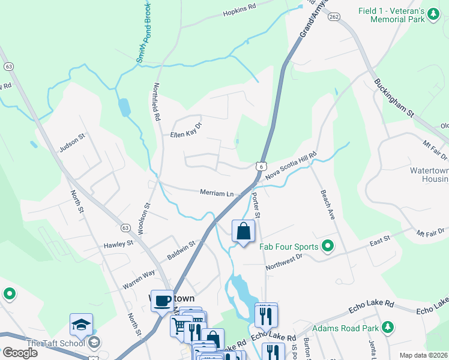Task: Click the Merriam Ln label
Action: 217,193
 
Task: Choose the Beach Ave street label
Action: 327,205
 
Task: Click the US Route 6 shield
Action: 259,166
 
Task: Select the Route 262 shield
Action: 334,17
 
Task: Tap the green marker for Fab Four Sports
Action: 328,245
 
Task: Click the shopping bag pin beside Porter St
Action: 243,232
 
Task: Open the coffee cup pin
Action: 161,301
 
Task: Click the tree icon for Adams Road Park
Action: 388,327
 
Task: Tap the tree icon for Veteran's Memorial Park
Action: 432,17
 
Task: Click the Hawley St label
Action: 118,244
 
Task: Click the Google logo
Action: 20,353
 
